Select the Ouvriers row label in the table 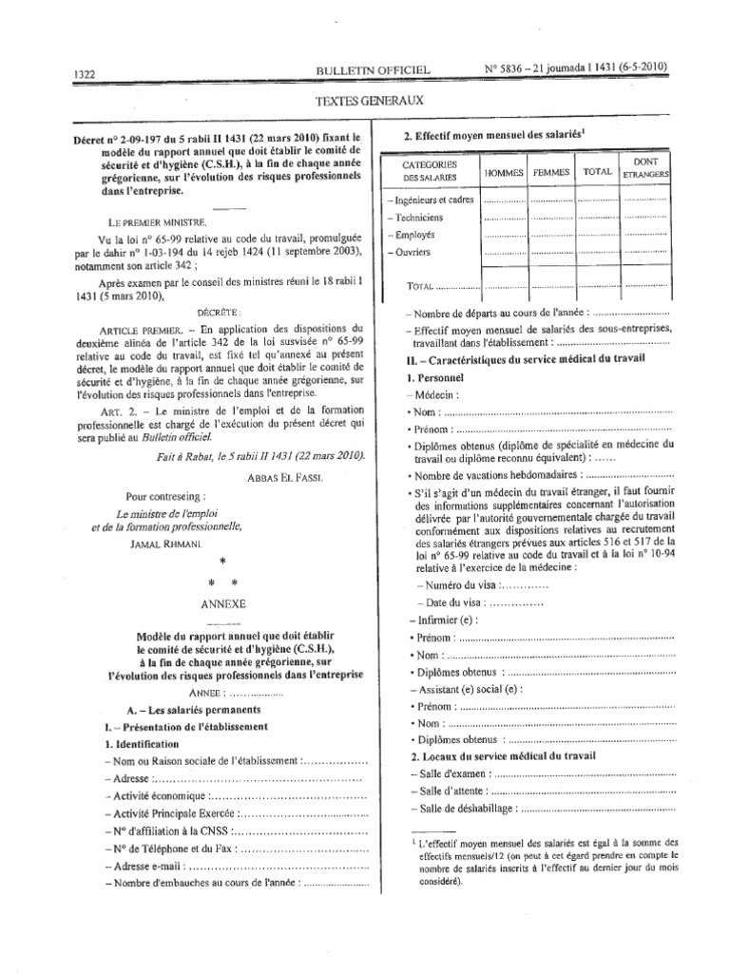point(411,252)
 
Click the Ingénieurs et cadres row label point(433,200)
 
